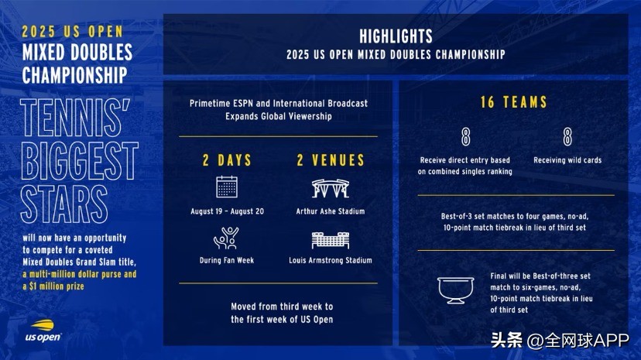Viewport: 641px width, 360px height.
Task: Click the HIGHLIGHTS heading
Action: (396, 36)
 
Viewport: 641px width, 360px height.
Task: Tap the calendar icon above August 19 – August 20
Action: (227, 187)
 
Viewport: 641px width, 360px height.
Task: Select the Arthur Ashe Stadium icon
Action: (331, 188)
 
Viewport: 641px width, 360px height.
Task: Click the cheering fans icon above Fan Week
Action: (227, 238)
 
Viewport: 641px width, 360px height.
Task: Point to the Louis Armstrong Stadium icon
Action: (331, 240)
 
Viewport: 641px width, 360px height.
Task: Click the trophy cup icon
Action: (455, 290)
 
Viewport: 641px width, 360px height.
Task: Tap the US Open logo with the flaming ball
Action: (43, 331)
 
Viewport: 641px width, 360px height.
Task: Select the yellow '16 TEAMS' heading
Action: (513, 102)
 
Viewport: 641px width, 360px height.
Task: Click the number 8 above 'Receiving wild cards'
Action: (567, 136)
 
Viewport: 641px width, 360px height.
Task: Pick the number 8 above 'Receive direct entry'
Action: (465, 136)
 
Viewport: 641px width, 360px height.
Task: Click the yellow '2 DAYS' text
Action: (227, 160)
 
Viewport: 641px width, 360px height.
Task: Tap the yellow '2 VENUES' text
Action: (331, 160)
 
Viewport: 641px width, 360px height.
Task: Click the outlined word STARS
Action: (63, 204)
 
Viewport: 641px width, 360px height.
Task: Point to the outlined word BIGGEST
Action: (79, 161)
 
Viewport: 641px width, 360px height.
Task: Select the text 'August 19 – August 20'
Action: (227, 211)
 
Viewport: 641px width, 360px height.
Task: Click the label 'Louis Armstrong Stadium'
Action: (331, 260)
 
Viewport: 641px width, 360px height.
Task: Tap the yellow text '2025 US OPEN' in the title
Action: (72, 32)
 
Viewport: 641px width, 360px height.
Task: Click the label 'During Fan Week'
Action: (227, 260)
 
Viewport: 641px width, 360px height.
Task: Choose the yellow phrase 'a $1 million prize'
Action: (53, 286)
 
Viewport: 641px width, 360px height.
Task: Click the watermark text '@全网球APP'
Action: (578, 341)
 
